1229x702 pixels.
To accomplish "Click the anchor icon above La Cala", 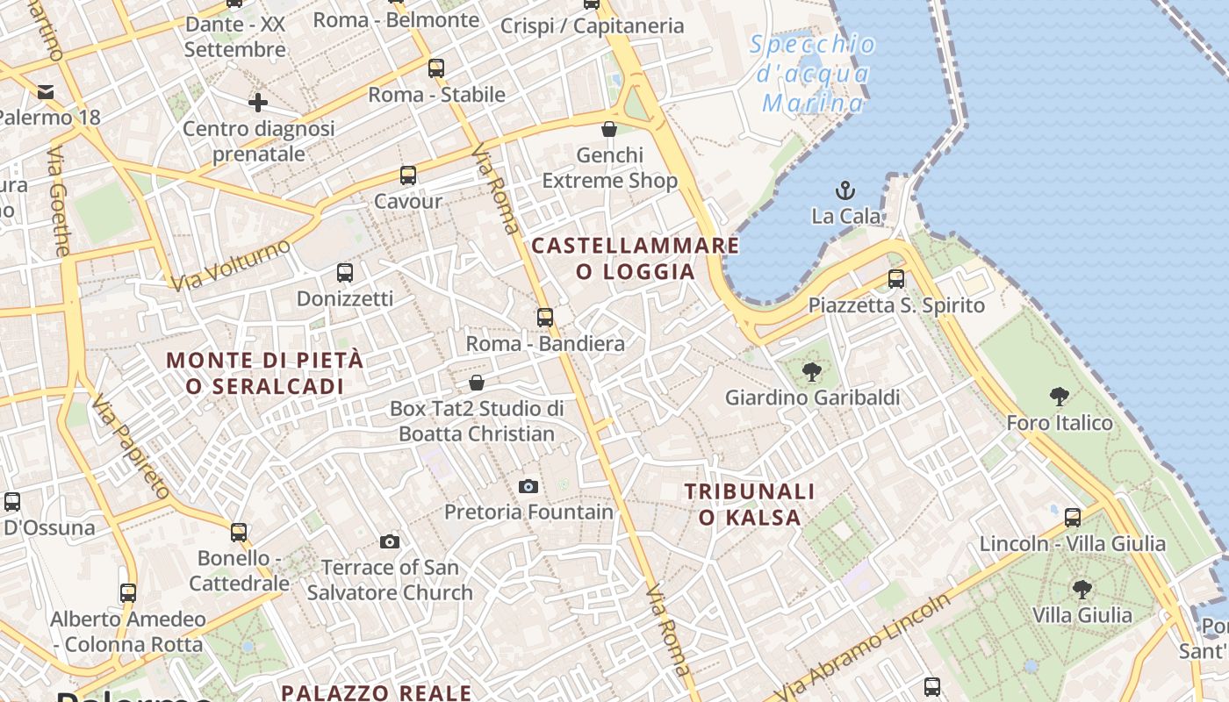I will pyautogui.click(x=844, y=190).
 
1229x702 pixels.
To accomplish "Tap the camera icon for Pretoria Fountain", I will pyautogui.click(x=528, y=486).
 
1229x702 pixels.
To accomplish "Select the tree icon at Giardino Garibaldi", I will pyautogui.click(x=812, y=371).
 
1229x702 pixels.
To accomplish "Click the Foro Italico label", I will pyautogui.click(x=1059, y=423).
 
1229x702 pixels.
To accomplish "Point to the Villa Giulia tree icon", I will pyautogui.click(x=1082, y=589).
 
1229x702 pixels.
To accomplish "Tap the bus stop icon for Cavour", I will pyautogui.click(x=408, y=175).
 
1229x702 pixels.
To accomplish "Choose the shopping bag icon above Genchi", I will pyautogui.click(x=609, y=129).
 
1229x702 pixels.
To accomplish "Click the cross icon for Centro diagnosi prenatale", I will pyautogui.click(x=257, y=103).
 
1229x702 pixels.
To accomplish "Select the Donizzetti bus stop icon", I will pyautogui.click(x=345, y=273).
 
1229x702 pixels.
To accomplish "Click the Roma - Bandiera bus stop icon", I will pyautogui.click(x=545, y=317).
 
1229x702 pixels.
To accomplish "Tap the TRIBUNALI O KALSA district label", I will pyautogui.click(x=750, y=505).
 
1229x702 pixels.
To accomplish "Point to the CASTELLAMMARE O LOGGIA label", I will pyautogui.click(x=636, y=258).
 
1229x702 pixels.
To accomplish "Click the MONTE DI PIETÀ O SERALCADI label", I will pyautogui.click(x=264, y=373).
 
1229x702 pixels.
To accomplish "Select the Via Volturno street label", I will pyautogui.click(x=230, y=265).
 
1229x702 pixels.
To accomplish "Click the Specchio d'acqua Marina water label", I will pyautogui.click(x=812, y=75).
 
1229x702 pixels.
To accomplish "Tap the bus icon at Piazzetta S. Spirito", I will pyautogui.click(x=895, y=279).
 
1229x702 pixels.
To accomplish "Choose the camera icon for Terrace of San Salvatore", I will pyautogui.click(x=390, y=541).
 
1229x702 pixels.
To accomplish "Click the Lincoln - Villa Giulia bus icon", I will pyautogui.click(x=1073, y=518).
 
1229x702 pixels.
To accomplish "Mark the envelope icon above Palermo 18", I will pyautogui.click(x=46, y=91).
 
